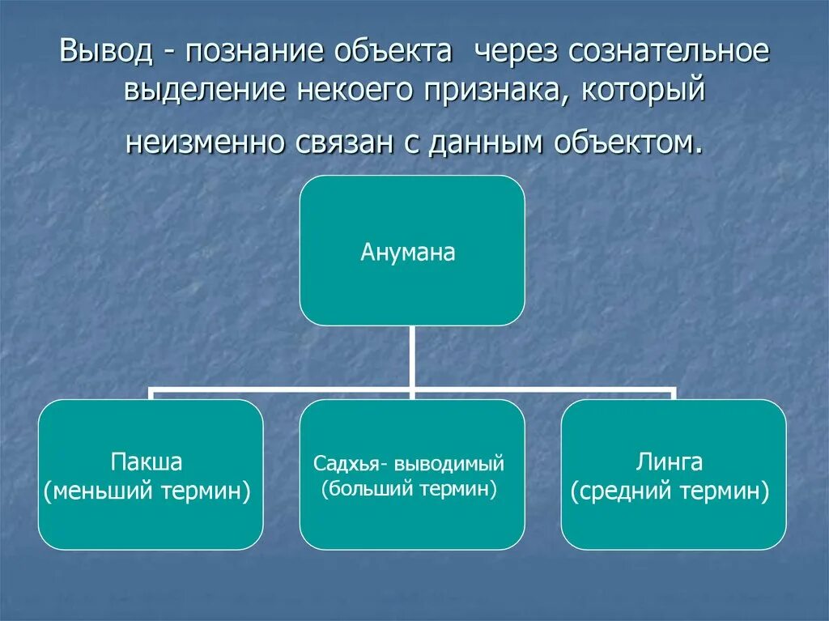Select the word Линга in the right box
click(674, 462)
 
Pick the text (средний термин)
click(670, 491)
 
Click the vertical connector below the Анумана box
click(412, 356)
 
